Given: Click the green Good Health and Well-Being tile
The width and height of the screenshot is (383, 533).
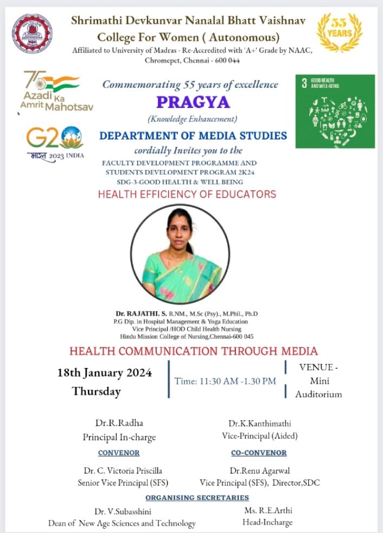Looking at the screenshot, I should (x=335, y=111).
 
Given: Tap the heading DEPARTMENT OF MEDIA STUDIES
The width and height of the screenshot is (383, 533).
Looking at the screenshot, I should (x=193, y=136).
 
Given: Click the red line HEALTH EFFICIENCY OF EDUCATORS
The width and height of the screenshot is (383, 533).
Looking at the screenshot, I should (x=187, y=194).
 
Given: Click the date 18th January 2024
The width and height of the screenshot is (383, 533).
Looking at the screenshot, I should (x=105, y=373).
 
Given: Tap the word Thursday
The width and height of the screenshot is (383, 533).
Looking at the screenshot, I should (x=97, y=391).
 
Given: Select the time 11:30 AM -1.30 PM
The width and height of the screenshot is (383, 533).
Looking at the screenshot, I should (x=225, y=381).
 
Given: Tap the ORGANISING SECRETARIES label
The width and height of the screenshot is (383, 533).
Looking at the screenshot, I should (x=197, y=497).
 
